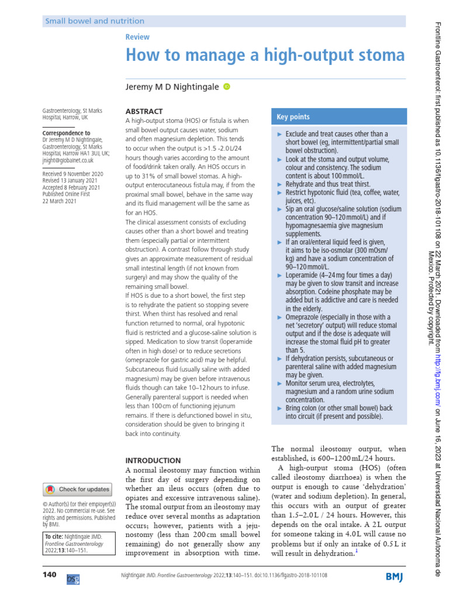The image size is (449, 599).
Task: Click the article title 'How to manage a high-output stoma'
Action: pyautogui.click(x=265, y=56)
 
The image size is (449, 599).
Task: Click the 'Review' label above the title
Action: pyautogui.click(x=137, y=37)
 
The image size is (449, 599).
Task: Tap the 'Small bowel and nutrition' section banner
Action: pyautogui.click(x=95, y=21)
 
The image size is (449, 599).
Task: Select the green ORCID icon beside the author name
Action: pyautogui.click(x=227, y=87)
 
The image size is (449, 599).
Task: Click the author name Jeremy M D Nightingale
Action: pyautogui.click(x=172, y=87)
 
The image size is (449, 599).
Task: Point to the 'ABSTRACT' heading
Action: pyautogui.click(x=144, y=111)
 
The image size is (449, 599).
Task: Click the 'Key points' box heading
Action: pyautogui.click(x=293, y=117)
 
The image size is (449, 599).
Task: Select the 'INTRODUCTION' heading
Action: pyautogui.click(x=153, y=460)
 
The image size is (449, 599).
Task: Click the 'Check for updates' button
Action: pyautogui.click(x=78, y=489)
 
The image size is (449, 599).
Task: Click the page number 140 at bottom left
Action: pyautogui.click(x=50, y=575)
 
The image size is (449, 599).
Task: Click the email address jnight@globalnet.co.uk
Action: pyautogui.click(x=68, y=159)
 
